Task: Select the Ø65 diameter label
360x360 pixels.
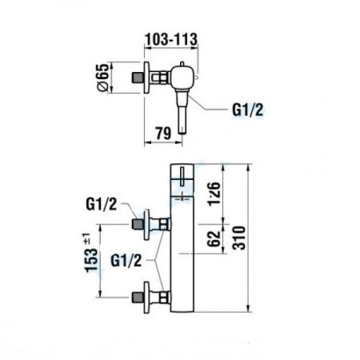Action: tap(102, 78)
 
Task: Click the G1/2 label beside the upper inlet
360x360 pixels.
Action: tap(102, 205)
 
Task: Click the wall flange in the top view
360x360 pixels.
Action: tap(146, 78)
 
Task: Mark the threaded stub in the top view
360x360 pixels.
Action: tap(136, 78)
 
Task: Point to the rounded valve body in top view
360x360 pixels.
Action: tap(182, 78)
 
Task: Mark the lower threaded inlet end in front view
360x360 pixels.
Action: tap(136, 298)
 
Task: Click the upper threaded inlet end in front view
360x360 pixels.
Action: tap(136, 222)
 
